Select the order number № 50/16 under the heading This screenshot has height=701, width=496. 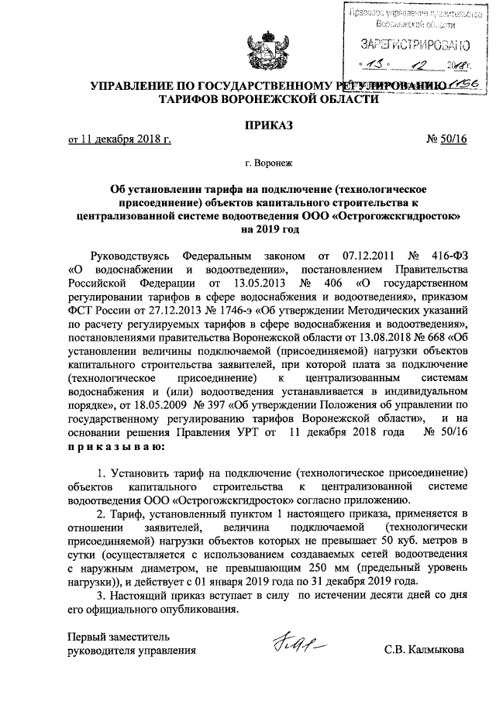(447, 139)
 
